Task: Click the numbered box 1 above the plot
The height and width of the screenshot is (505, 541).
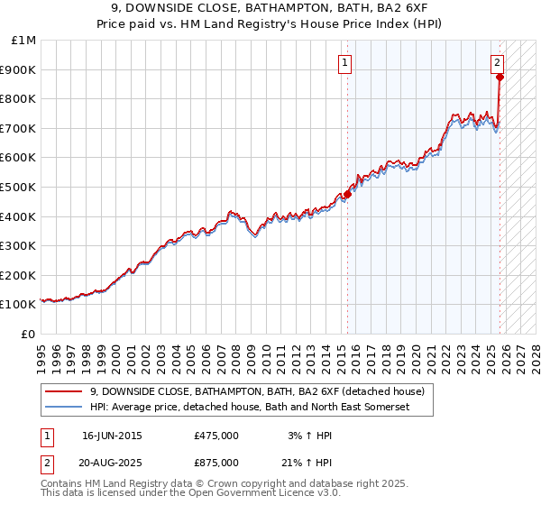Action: tap(346, 62)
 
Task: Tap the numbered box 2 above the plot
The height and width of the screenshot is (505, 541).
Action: tap(497, 62)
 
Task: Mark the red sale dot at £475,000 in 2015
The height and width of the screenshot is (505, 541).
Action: tap(347, 194)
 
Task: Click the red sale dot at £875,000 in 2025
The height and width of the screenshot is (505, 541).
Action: tap(500, 77)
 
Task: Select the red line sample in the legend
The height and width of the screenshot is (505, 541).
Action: tap(64, 391)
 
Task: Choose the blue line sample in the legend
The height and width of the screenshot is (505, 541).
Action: tap(64, 408)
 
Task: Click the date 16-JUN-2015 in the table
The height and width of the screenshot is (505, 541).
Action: tap(112, 436)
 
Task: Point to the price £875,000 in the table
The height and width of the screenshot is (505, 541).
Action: tap(215, 462)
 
